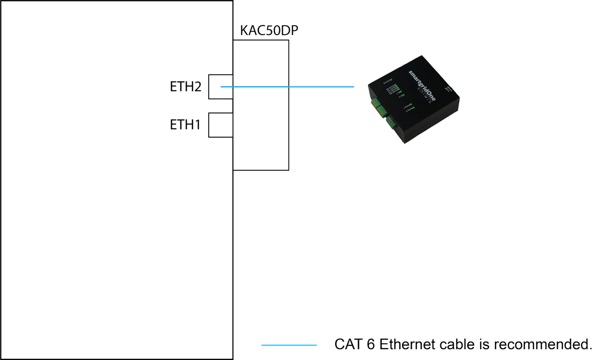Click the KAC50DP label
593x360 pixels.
click(269, 31)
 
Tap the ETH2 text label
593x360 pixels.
click(185, 87)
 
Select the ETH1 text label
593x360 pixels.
click(185, 125)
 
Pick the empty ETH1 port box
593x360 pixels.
click(220, 125)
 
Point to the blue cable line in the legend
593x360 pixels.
click(289, 345)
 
